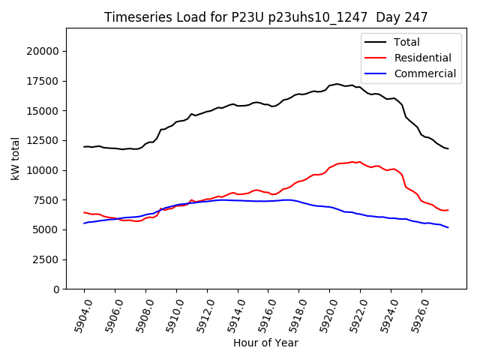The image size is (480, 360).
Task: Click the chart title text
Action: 266,17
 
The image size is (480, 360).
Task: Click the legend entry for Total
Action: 406,42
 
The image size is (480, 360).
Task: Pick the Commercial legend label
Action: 424,73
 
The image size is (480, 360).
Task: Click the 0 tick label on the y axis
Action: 55,289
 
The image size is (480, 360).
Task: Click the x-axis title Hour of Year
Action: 265,343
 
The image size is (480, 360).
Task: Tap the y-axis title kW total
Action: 14,159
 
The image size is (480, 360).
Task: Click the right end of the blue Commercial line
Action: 448,227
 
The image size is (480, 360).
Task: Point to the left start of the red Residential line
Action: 84,212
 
